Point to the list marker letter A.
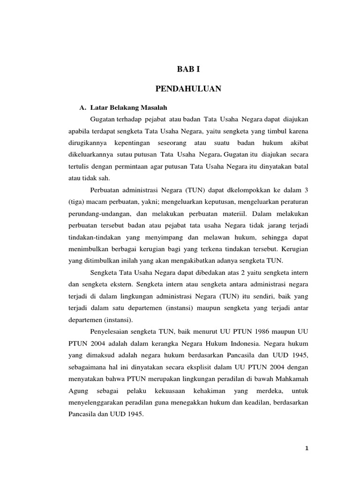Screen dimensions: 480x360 click(82, 107)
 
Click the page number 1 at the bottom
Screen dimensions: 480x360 click(306, 448)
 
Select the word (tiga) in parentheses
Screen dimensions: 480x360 click(76, 202)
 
